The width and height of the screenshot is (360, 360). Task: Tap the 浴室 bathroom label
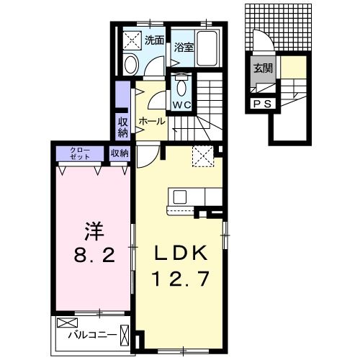(x=184, y=48)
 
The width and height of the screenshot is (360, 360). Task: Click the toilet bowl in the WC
(x=181, y=88)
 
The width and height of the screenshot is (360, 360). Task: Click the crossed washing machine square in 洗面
(x=132, y=40)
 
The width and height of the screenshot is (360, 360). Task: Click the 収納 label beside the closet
(x=120, y=153)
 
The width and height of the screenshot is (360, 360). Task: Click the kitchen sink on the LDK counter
(x=179, y=197)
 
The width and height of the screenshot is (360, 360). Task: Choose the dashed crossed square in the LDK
(x=202, y=154)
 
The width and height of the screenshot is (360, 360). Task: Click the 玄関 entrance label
(x=261, y=69)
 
